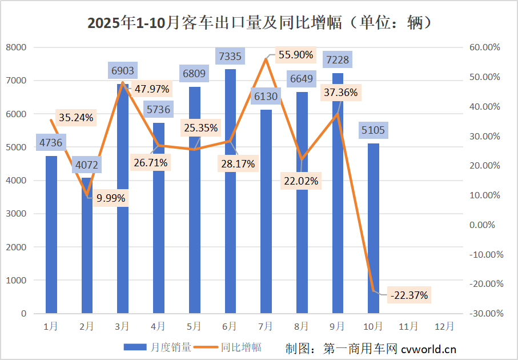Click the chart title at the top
259,23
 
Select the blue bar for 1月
51,234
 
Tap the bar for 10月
373,229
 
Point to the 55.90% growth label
295,55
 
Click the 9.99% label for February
111,198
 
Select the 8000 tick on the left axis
17,47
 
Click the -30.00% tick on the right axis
482,314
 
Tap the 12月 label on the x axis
444,326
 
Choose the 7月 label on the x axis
266,326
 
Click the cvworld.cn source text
428,348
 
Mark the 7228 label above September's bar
337,59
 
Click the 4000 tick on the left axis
17,181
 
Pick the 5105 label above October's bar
373,130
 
